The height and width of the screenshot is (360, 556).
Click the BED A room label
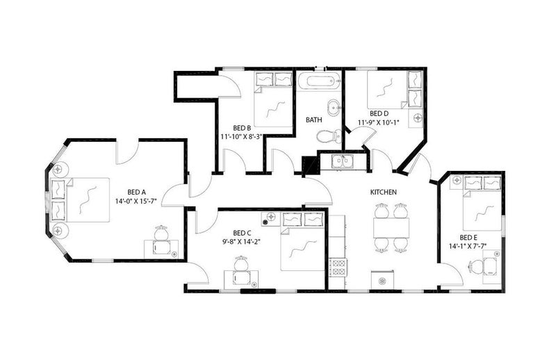136,193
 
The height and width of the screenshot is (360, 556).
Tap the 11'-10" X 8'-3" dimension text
242,136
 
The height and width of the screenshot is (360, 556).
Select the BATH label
314,120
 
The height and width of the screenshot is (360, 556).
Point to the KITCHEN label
384,193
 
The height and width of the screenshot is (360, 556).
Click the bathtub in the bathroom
319,81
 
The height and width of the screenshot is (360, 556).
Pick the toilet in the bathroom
328,136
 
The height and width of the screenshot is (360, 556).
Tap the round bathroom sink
334,108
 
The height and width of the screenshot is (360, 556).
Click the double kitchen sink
343,161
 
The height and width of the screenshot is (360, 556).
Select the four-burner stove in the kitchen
338,268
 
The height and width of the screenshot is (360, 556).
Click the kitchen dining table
391,228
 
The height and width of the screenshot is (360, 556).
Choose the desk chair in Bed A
161,234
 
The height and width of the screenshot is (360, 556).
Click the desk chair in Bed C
241,264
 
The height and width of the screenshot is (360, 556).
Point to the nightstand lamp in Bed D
418,117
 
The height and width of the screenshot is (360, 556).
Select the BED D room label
379,113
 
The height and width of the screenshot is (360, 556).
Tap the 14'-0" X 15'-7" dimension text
136,201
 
